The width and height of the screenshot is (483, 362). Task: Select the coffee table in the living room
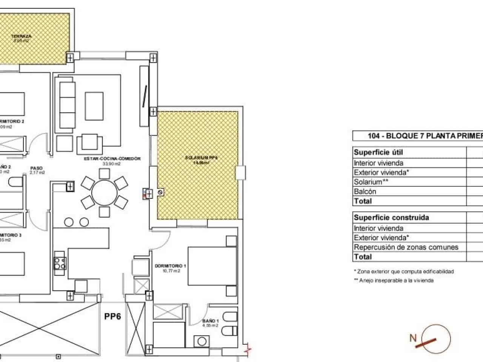[x=94, y=106]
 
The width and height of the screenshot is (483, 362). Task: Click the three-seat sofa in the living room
[x=66, y=104]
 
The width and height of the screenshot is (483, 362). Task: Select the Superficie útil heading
[x=378, y=152]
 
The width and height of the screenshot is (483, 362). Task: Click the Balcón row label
[x=365, y=192]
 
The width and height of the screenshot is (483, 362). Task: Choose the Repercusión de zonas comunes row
[x=406, y=247]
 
